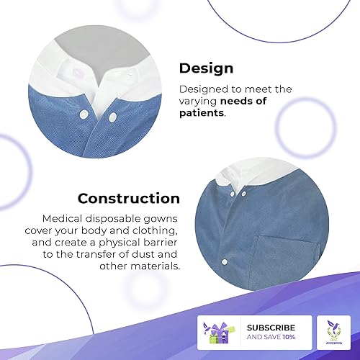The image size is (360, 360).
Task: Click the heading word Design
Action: (206, 68)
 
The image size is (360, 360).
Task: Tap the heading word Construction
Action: (129, 198)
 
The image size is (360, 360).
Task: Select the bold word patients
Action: (202, 113)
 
